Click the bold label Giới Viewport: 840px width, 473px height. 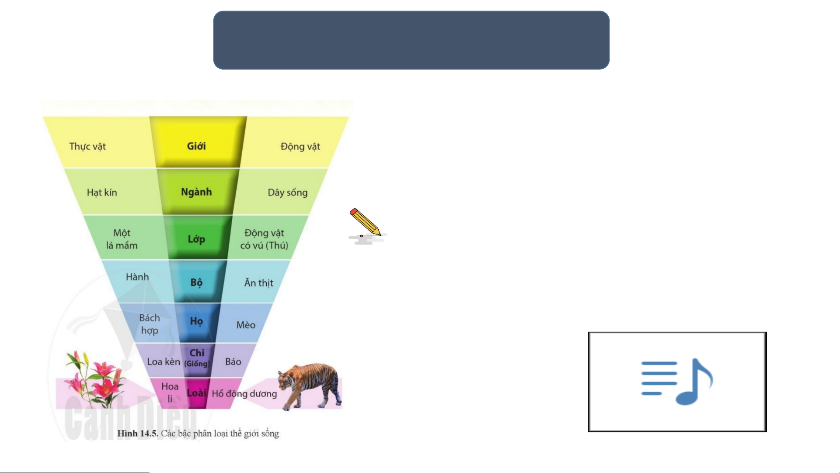[196, 146]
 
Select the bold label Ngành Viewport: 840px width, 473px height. [196, 192]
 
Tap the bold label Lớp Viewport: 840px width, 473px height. [196, 239]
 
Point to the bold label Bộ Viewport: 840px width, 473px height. [196, 282]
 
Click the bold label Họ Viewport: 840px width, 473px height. [196, 321]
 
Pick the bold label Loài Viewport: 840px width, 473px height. [196, 393]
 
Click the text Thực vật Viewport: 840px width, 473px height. [87, 147]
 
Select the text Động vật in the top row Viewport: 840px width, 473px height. [300, 147]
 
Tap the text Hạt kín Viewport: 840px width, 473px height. [102, 193]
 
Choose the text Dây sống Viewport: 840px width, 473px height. [288, 193]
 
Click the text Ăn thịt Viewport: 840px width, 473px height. [259, 283]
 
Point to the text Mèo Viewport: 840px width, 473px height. [246, 325]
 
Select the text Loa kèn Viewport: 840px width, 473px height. [164, 361]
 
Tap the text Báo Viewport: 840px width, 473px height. [233, 361]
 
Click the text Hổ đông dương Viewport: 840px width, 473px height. [244, 394]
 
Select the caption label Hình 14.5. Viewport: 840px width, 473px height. [137, 434]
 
